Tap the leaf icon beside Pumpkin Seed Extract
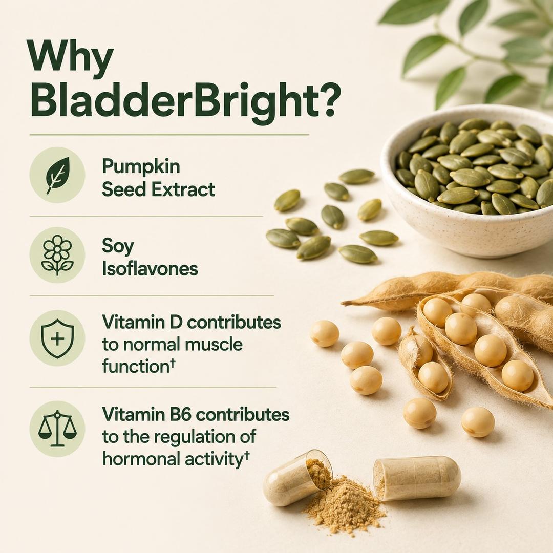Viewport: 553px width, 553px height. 57,175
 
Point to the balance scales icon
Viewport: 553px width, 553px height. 57,429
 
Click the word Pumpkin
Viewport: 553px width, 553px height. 141,167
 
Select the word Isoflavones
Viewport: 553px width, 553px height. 150,269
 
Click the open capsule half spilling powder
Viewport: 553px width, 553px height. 297,478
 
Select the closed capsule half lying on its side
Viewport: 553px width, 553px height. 417,478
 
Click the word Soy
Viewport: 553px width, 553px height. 118,247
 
